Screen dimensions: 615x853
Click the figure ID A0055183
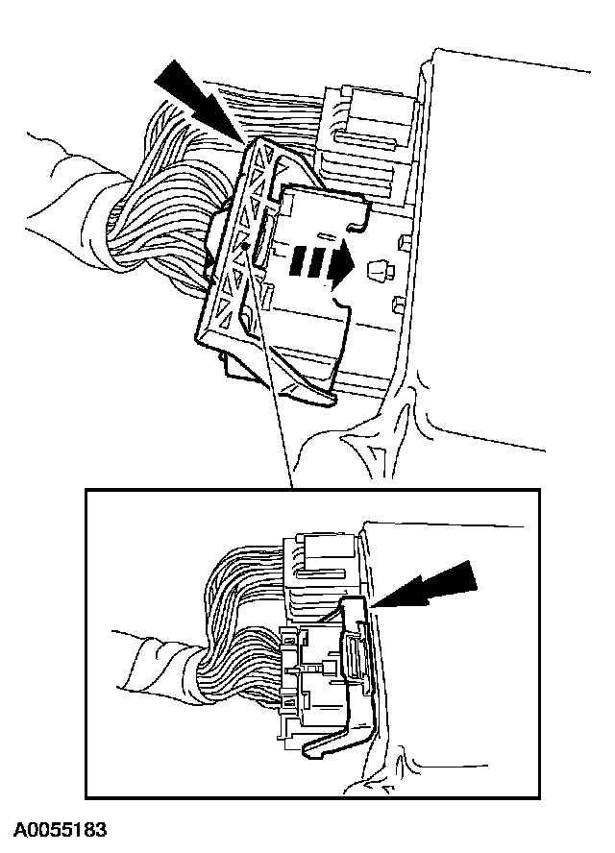coord(60,828)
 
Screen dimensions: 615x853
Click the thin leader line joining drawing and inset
coord(273,384)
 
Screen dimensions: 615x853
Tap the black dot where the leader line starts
coord(248,246)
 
